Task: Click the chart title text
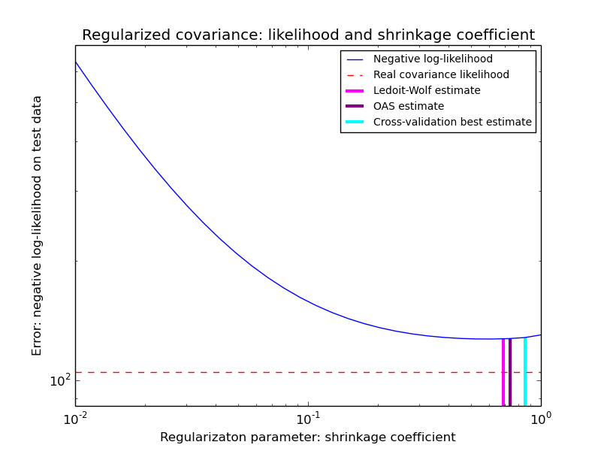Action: pyautogui.click(x=308, y=35)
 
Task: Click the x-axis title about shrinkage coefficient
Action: pyautogui.click(x=307, y=437)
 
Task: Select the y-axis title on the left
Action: pyautogui.click(x=37, y=225)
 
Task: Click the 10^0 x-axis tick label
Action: pyautogui.click(x=540, y=418)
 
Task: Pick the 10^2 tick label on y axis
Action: pyautogui.click(x=59, y=381)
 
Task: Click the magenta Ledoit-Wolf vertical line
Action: pyautogui.click(x=503, y=372)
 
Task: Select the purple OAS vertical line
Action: pyautogui.click(x=510, y=372)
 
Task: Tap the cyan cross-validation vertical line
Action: pyautogui.click(x=525, y=372)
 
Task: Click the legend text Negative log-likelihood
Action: pyautogui.click(x=433, y=59)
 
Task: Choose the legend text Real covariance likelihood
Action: pyautogui.click(x=441, y=75)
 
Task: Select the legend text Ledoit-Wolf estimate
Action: pyautogui.click(x=427, y=91)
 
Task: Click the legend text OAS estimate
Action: pyautogui.click(x=409, y=107)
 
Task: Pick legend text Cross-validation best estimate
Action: pyautogui.click(x=452, y=123)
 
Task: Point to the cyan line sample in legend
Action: pyautogui.click(x=355, y=123)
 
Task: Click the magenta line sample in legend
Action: pyautogui.click(x=355, y=91)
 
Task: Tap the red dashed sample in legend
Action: pyautogui.click(x=355, y=75)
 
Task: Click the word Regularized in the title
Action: pyautogui.click(x=122, y=35)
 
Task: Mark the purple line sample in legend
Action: pyautogui.click(x=355, y=107)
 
